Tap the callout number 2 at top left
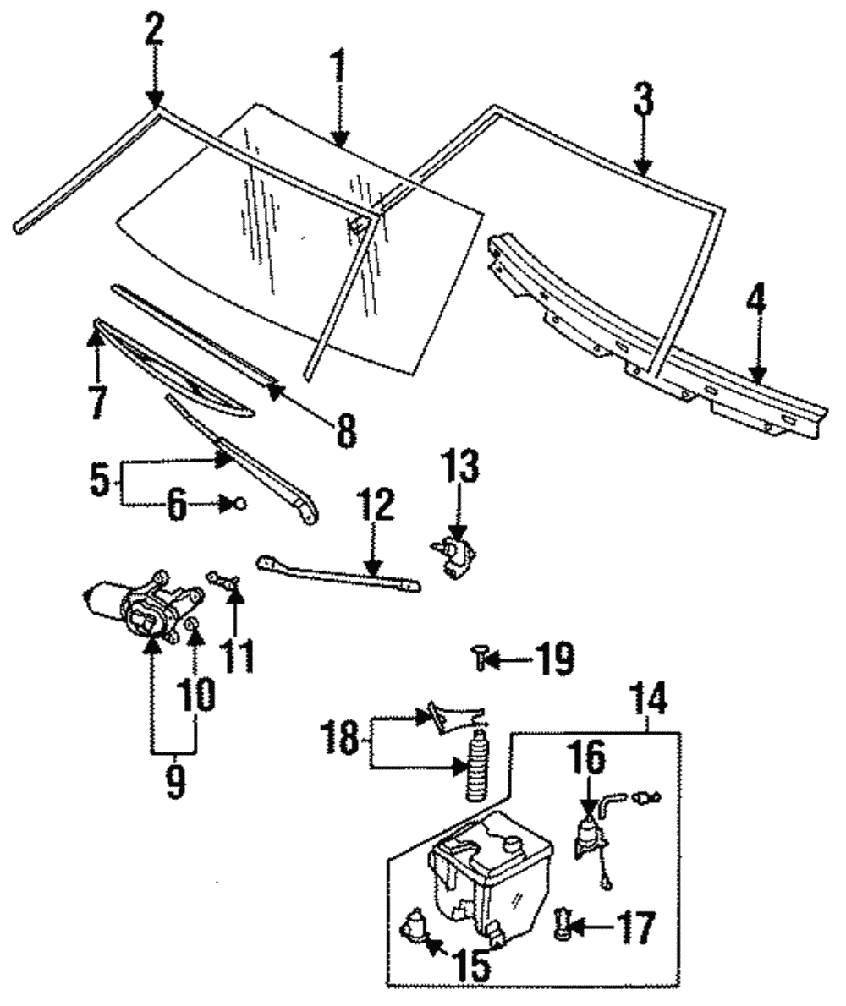(x=153, y=31)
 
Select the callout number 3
(x=644, y=100)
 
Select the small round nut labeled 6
(x=239, y=504)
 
